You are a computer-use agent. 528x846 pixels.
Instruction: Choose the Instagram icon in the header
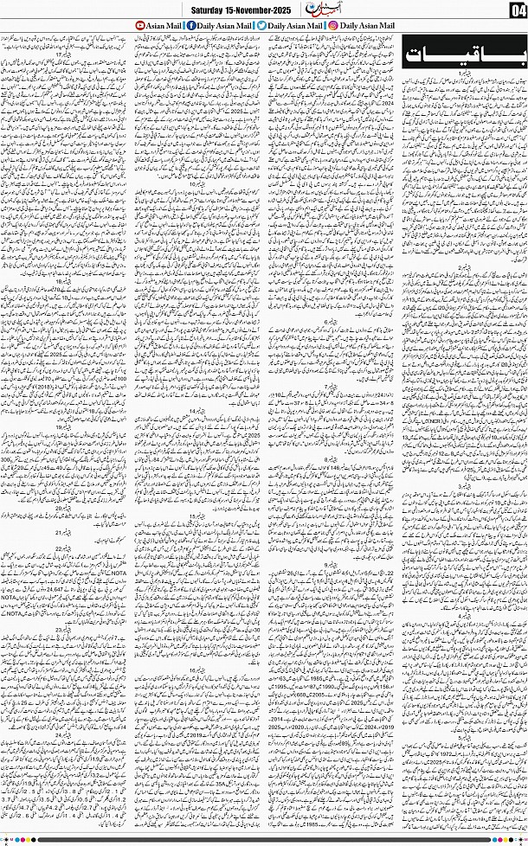(333, 27)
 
